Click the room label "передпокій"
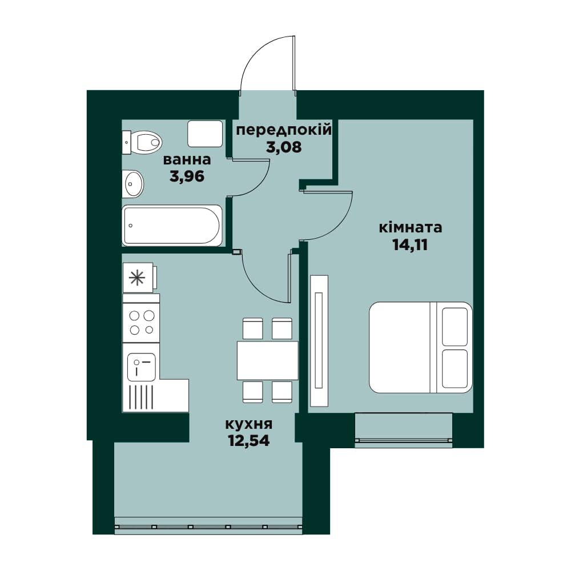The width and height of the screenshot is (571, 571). [284, 130]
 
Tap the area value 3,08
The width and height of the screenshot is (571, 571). [284, 147]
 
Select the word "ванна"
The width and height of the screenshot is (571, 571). [187, 159]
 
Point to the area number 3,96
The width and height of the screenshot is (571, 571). [187, 176]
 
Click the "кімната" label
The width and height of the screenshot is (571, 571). [411, 228]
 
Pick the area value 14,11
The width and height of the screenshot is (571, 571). [410, 245]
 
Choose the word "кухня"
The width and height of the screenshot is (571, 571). [249, 424]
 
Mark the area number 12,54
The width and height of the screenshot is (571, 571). [249, 441]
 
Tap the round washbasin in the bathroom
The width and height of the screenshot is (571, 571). [133, 184]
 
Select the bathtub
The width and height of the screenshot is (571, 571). [172, 226]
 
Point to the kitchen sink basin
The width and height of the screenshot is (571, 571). [141, 367]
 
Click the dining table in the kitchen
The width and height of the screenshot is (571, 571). [268, 360]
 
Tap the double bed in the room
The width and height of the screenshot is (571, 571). [421, 347]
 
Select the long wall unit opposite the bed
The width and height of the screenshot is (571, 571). [319, 341]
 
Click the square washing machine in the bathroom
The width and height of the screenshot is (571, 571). [205, 134]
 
